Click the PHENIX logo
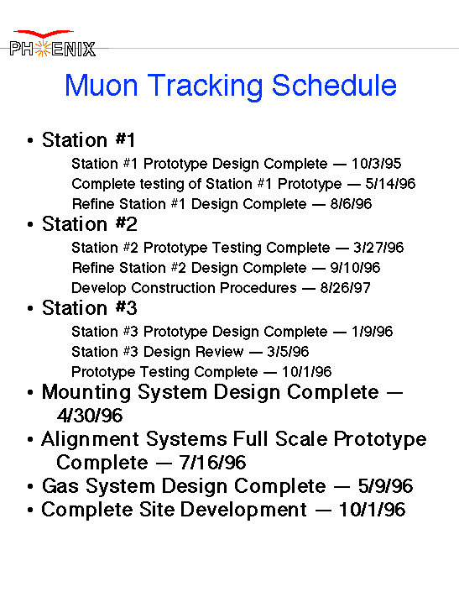[x=52, y=44]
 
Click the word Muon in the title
[x=102, y=85]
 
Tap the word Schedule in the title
[x=334, y=85]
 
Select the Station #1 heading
[x=89, y=139]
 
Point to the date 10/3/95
[x=376, y=164]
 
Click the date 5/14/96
[x=390, y=184]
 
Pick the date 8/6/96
[x=352, y=204]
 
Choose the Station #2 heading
[x=90, y=223]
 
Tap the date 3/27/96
[x=378, y=248]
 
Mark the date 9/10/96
[x=355, y=268]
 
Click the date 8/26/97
[x=346, y=288]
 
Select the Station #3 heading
[x=90, y=307]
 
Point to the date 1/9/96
[x=372, y=332]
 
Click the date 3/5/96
[x=288, y=352]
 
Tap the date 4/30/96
[x=90, y=415]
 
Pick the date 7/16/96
[x=213, y=463]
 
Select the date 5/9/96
[x=385, y=486]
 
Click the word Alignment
[x=91, y=440]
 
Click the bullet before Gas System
[x=30, y=487]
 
